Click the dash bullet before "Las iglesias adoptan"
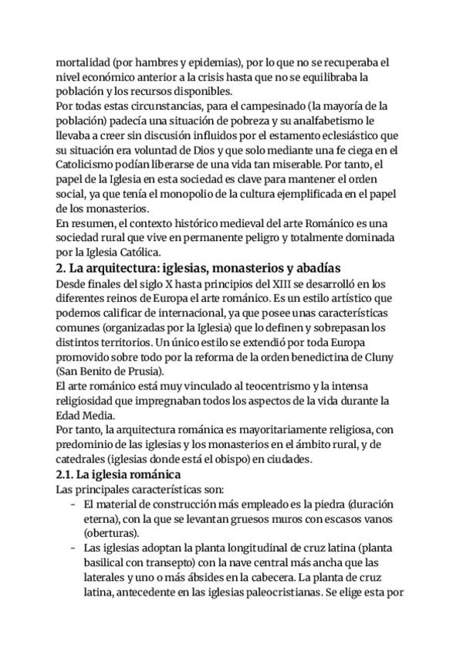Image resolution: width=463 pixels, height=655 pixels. tap(72, 548)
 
